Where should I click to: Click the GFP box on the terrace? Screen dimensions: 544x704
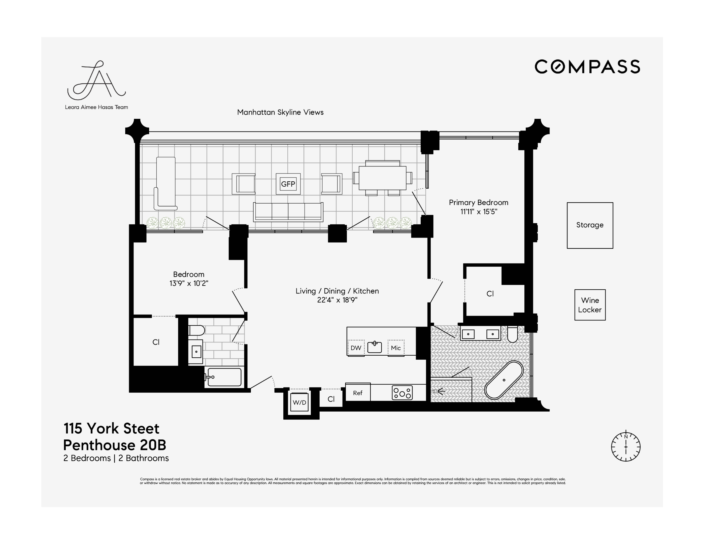pyautogui.click(x=288, y=184)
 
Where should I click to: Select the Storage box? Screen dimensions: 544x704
pyautogui.click(x=590, y=225)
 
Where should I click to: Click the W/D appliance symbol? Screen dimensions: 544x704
pyautogui.click(x=299, y=402)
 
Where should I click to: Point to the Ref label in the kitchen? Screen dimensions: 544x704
pyautogui.click(x=357, y=393)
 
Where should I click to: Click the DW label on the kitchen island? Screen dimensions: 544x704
pyautogui.click(x=356, y=348)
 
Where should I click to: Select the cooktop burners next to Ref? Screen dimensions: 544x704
pyautogui.click(x=402, y=393)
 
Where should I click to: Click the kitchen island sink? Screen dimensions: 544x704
pyautogui.click(x=374, y=347)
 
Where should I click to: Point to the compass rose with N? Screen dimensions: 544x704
pyautogui.click(x=625, y=447)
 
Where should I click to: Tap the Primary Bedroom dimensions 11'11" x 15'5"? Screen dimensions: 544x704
pyautogui.click(x=478, y=212)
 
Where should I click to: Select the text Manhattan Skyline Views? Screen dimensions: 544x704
pyautogui.click(x=280, y=112)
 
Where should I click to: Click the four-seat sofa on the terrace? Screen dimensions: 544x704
pyautogui.click(x=288, y=212)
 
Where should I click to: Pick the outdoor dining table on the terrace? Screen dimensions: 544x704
pyautogui.click(x=382, y=178)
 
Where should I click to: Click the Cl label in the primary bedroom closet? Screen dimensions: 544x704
pyautogui.click(x=490, y=294)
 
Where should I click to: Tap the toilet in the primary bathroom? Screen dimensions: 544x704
pyautogui.click(x=512, y=334)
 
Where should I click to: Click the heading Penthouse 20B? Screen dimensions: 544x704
pyautogui.click(x=114, y=445)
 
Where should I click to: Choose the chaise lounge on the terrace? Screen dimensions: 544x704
pyautogui.click(x=166, y=183)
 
